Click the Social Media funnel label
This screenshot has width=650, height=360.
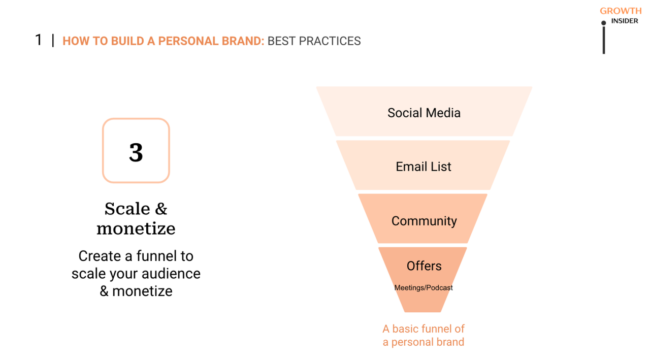pyautogui.click(x=424, y=113)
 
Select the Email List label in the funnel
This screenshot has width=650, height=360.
pyautogui.click(x=424, y=167)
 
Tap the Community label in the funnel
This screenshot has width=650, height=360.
pyautogui.click(x=424, y=221)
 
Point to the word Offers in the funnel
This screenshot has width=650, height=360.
pyautogui.click(x=424, y=266)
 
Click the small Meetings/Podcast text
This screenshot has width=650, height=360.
pyautogui.click(x=424, y=288)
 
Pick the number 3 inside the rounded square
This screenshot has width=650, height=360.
pyautogui.click(x=136, y=152)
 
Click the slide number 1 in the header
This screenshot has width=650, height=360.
pyautogui.click(x=39, y=40)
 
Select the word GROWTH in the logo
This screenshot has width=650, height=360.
pyautogui.click(x=621, y=11)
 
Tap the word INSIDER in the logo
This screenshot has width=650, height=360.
pyautogui.click(x=625, y=21)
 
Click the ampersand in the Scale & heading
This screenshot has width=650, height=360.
pyautogui.click(x=160, y=209)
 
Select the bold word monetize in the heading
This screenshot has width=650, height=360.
pyautogui.click(x=136, y=228)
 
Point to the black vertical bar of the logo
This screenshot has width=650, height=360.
pyautogui.click(x=603, y=40)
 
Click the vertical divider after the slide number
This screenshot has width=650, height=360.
pyautogui.click(x=53, y=41)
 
